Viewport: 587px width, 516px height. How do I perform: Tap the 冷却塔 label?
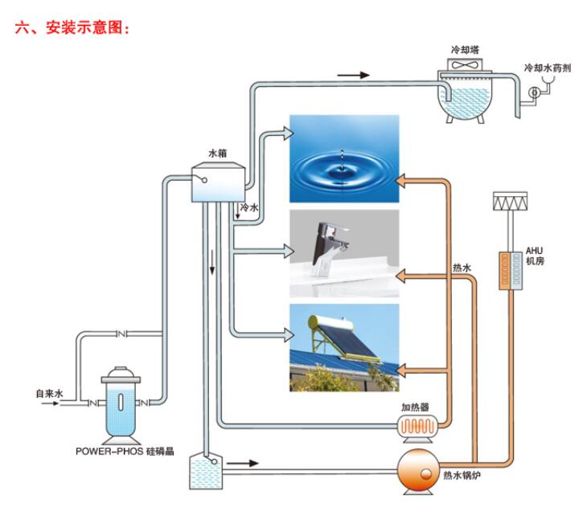pos(464,49)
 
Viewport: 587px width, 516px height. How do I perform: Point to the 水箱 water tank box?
pos(216,183)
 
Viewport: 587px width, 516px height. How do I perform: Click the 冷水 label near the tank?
pos(250,207)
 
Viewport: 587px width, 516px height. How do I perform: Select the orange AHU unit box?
pos(511,272)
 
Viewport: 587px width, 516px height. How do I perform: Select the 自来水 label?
pos(48,394)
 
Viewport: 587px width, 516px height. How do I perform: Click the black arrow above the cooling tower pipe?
pos(353,75)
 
